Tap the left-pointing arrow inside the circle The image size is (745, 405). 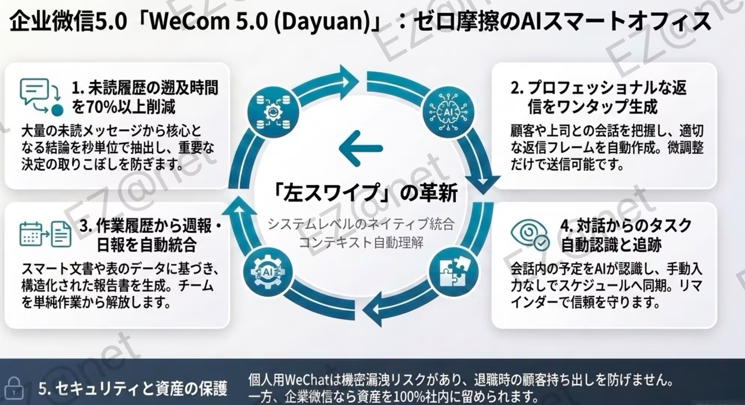[361, 148]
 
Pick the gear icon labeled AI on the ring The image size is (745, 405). [268, 271]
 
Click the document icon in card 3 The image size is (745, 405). [61, 234]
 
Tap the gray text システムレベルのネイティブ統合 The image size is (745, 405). [361, 224]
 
